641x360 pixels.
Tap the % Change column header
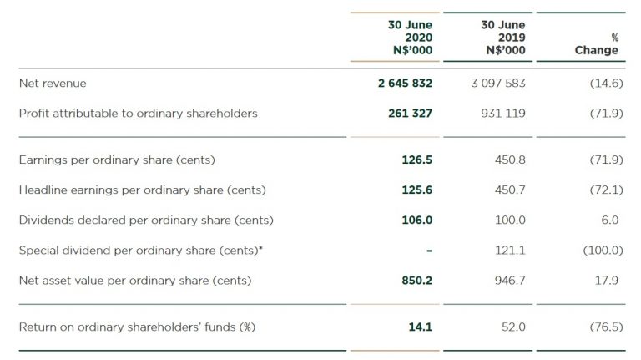pos(597,44)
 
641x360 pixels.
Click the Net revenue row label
pos(53,84)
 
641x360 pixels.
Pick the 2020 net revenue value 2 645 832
pos(405,84)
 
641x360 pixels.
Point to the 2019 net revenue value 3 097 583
pos(497,84)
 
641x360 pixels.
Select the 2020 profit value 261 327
pos(411,114)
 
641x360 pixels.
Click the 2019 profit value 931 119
pos(503,114)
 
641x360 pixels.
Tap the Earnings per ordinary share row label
pos(123,160)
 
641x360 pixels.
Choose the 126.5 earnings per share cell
pos(416,160)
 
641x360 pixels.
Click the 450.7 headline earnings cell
pos(510,190)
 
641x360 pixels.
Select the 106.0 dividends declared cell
pos(416,221)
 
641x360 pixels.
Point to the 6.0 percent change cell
pos(609,221)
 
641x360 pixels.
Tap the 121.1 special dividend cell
pos(510,251)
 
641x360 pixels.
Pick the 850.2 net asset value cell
pos(416,281)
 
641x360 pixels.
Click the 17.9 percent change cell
pos(608,281)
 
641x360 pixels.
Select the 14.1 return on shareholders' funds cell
pos(420,327)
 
